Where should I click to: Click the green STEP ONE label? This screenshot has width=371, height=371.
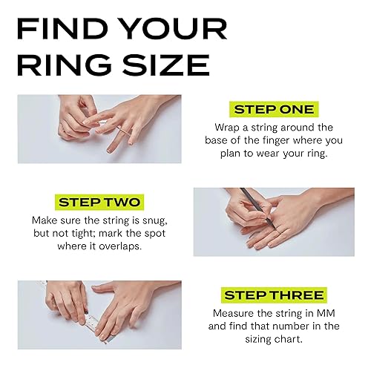[x=274, y=110]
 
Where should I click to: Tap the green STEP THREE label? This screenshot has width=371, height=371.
[x=274, y=295]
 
